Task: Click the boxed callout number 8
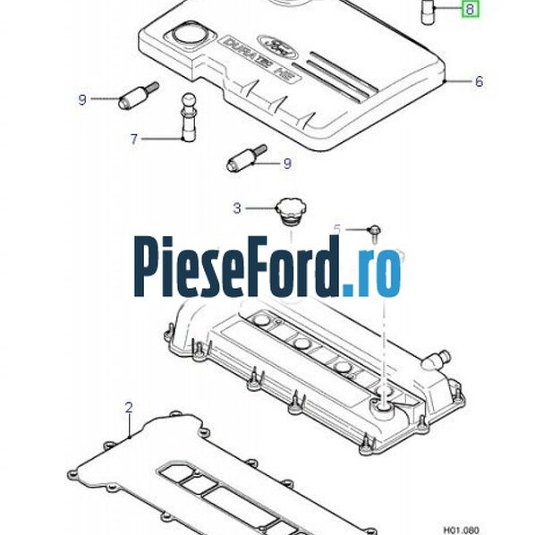tap(469, 11)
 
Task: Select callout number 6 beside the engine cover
tap(479, 81)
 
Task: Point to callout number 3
tap(237, 208)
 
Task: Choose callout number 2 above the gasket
tap(128, 407)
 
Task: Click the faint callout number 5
tap(338, 229)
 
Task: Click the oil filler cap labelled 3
tap(290, 211)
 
